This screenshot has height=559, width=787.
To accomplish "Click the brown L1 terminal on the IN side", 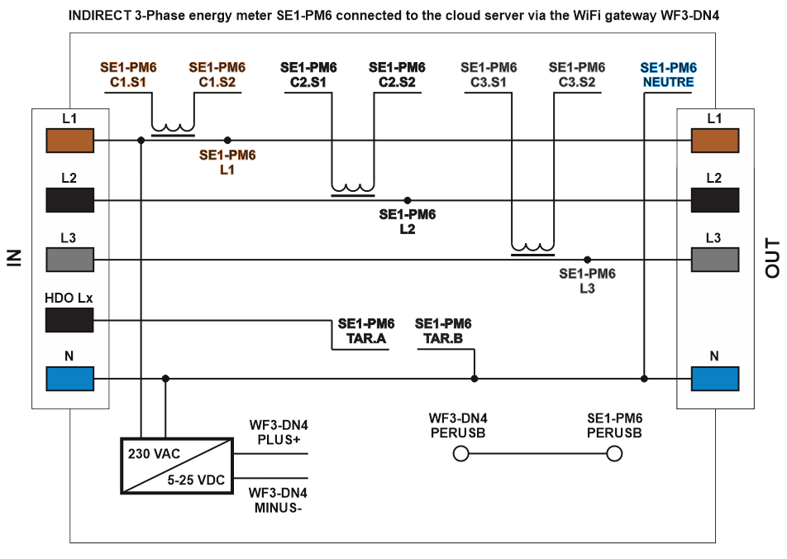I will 70,141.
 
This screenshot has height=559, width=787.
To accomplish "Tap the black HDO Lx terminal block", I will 70,319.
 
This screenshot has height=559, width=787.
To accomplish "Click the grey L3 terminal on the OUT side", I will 715,260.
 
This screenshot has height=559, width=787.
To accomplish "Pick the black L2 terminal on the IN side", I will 70,200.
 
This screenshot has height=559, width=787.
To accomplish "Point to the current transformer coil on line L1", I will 173,129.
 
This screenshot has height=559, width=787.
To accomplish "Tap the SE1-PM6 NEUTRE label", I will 668,75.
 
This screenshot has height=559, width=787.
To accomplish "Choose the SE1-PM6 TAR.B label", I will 443,330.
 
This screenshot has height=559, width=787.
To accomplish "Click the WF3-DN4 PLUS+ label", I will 279,432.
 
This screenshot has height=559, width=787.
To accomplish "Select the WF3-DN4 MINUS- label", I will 279,500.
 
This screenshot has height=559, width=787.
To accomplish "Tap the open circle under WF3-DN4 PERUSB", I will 461,453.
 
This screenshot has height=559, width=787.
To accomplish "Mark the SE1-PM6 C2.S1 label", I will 308,75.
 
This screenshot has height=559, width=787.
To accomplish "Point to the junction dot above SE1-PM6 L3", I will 587,260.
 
